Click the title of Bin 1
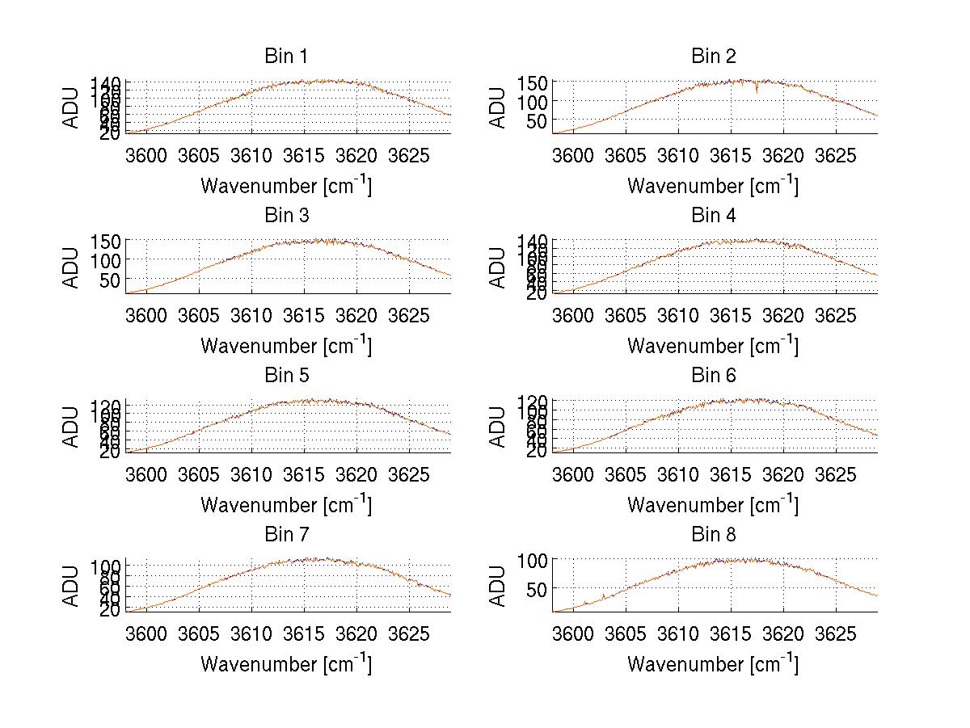[x=285, y=57]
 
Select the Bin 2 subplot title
[x=713, y=57]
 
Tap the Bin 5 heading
[x=285, y=376]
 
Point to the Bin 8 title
[x=713, y=535]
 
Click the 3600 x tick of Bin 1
[x=146, y=154]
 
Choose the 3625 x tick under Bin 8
[x=835, y=633]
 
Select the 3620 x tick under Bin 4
[x=782, y=314]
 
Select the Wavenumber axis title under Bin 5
[x=285, y=505]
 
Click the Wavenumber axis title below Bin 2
[x=712, y=186]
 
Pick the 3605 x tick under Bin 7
[x=199, y=633]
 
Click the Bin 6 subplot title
[x=713, y=376]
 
